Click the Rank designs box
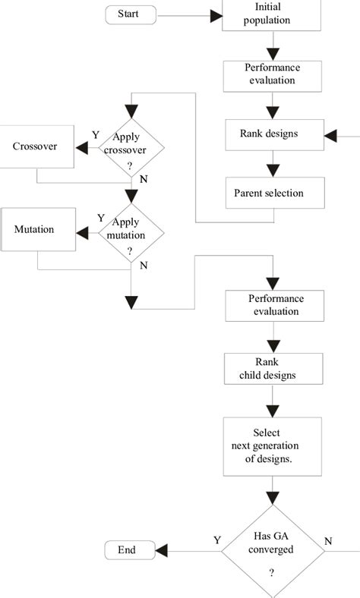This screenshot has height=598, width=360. (268, 134)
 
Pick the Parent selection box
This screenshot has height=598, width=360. (268, 193)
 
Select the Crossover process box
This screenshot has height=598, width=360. (36, 146)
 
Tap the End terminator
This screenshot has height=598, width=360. (127, 549)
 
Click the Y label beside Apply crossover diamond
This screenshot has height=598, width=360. (96, 134)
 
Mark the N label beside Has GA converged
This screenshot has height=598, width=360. (328, 541)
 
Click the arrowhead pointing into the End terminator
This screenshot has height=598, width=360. (161, 549)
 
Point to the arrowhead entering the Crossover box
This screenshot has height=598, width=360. (79, 146)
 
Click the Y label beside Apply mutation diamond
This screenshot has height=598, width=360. (100, 218)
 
